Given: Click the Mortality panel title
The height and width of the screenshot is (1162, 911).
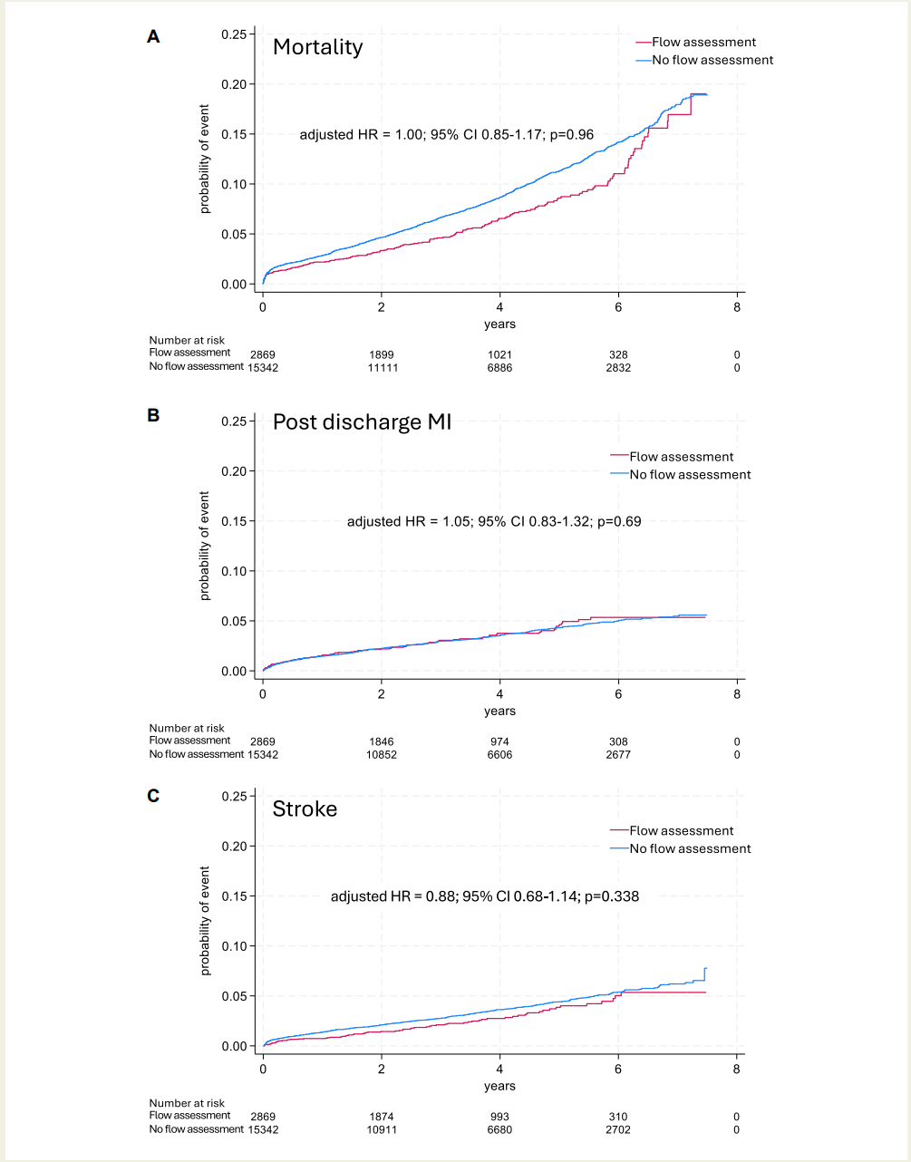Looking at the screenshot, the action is point(317,47).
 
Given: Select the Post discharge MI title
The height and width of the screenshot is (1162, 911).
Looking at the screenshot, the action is point(362,422).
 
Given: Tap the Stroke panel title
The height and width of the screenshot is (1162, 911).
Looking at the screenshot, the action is point(305,809).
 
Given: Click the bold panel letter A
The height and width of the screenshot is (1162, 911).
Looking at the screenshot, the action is point(153,36).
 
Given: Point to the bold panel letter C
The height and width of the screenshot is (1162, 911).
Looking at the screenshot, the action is point(153,796).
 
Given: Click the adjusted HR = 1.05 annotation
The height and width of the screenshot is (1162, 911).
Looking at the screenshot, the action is point(494,521).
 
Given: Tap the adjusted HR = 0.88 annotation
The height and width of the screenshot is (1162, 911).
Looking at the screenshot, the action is point(485,896).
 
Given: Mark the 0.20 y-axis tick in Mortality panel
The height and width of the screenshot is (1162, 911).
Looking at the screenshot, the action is point(234,84).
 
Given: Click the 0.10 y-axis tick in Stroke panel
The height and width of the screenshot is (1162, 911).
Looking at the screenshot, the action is point(234,946).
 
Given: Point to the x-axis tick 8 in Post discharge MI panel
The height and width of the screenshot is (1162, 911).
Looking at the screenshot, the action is point(737,694).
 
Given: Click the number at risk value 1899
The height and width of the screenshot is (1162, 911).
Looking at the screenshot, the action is point(382,355).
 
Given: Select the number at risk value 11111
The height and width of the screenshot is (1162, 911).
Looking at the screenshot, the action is point(383,368).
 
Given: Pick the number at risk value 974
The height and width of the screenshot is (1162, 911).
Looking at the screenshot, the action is point(499,741).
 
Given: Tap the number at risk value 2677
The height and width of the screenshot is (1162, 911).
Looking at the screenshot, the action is point(618,754).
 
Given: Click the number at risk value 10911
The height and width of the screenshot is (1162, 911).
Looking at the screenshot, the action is point(382,1129).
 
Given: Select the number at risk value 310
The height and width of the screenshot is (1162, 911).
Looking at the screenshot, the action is point(618,1117).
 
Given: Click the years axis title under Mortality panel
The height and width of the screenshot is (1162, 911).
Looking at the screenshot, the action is point(499,324).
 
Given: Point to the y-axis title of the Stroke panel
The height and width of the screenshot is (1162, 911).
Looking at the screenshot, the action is point(205,921).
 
